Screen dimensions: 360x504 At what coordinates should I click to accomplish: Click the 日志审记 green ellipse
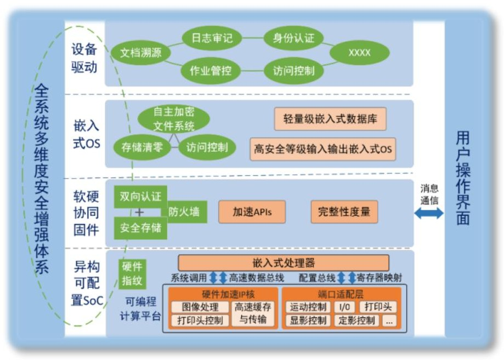tap(212, 38)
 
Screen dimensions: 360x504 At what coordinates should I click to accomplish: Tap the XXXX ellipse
tap(359, 53)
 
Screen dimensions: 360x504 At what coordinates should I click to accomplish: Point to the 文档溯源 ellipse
tap(140, 53)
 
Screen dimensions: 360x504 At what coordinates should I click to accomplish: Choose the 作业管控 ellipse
tap(211, 71)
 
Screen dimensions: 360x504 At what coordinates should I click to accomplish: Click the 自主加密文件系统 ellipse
tap(173, 119)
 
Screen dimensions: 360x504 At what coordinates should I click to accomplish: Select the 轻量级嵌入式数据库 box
tap(330, 119)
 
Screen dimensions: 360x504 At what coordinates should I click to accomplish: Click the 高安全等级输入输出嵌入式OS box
tap(323, 148)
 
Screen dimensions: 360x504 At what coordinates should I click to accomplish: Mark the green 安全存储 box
tap(141, 227)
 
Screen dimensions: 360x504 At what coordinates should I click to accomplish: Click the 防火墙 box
tap(184, 212)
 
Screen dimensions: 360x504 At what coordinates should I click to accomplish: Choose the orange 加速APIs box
tap(252, 212)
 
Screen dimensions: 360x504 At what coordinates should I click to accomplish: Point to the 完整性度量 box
tap(344, 212)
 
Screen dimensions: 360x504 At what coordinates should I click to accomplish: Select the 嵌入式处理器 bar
tap(284, 262)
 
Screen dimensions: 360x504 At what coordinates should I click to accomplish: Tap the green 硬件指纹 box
tap(132, 274)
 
